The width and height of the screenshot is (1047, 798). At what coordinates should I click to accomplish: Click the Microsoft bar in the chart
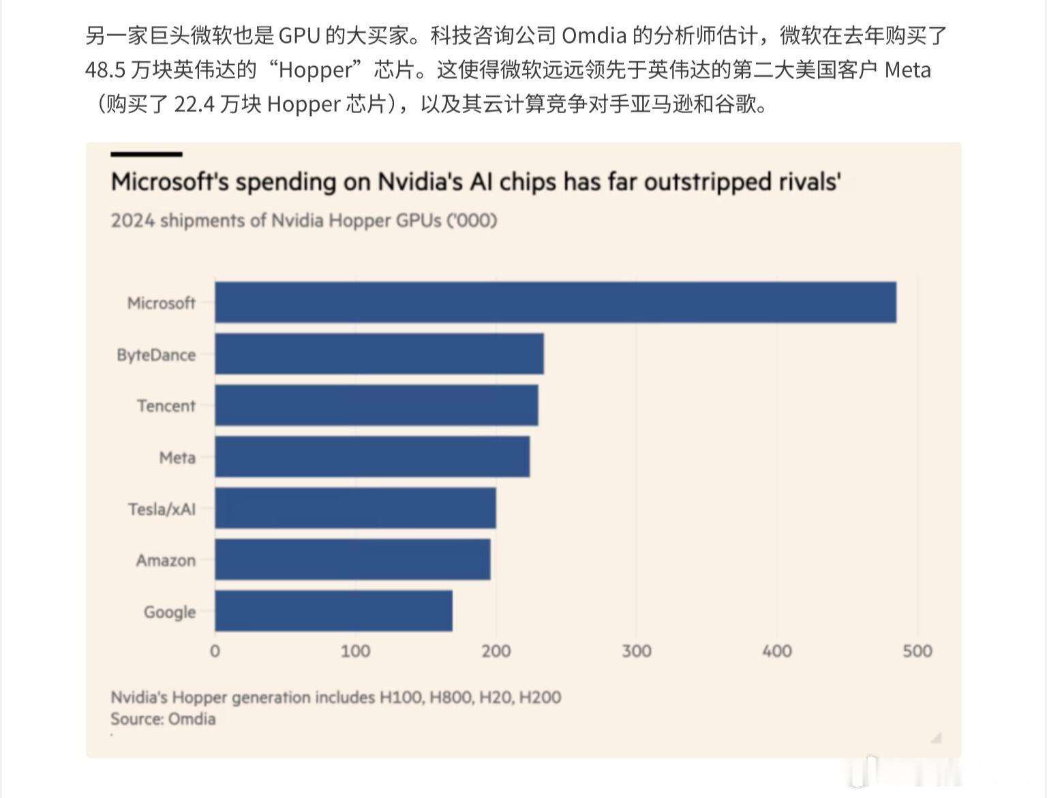pyautogui.click(x=556, y=302)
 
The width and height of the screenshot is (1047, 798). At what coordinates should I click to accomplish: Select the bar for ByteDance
pyautogui.click(x=379, y=354)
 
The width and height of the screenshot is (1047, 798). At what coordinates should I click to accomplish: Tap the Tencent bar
pyautogui.click(x=376, y=405)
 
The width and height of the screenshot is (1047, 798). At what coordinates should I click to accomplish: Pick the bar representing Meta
pyautogui.click(x=372, y=457)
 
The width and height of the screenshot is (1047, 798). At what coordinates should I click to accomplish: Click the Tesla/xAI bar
pyautogui.click(x=355, y=508)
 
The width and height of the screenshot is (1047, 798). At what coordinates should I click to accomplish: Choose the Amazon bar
pyautogui.click(x=352, y=559)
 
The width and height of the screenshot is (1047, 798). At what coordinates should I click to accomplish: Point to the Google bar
pyautogui.click(x=333, y=611)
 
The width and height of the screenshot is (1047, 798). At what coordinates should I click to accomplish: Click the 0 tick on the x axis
pyautogui.click(x=215, y=651)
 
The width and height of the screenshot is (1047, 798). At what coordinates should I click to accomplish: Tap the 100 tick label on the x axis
pyautogui.click(x=355, y=651)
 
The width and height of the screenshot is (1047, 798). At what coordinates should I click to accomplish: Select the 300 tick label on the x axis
pyautogui.click(x=636, y=651)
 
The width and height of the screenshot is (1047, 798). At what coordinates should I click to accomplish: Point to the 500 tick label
pyautogui.click(x=917, y=651)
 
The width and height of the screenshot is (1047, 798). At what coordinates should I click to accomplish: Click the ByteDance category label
pyautogui.click(x=156, y=355)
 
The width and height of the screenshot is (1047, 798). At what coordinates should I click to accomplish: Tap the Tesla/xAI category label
pyautogui.click(x=162, y=509)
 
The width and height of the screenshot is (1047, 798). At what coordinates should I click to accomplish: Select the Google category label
pyautogui.click(x=169, y=612)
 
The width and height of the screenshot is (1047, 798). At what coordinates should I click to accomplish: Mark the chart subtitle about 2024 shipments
pyautogui.click(x=304, y=221)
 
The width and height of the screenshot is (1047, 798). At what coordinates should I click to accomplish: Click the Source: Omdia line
pyautogui.click(x=163, y=719)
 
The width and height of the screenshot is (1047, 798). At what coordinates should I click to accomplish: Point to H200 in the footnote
pyautogui.click(x=540, y=697)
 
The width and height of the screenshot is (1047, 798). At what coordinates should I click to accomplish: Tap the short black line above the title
pyautogui.click(x=146, y=155)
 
